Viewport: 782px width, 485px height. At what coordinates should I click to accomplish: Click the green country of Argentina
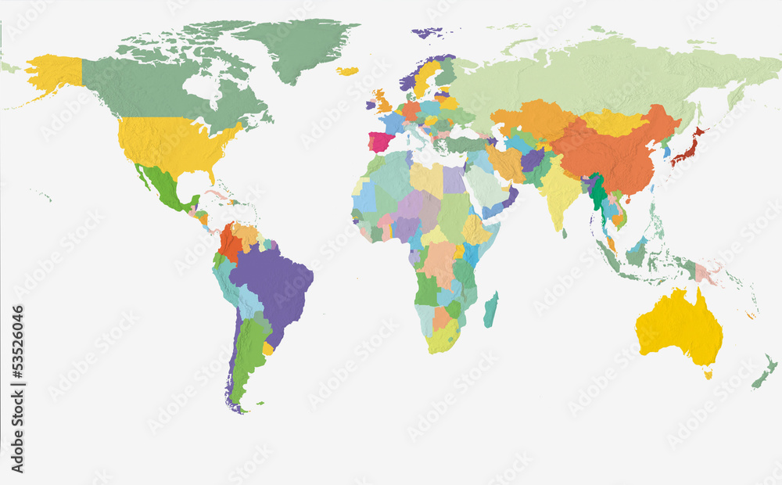pos(248,352)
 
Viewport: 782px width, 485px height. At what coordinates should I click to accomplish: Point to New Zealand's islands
pos(764,372)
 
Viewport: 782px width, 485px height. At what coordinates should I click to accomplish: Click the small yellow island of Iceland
pos(347,71)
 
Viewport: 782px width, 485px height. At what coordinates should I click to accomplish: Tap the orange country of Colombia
pos(231,243)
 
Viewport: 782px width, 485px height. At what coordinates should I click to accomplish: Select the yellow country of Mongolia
pos(614,122)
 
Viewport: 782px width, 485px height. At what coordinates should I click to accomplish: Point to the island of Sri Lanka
pos(565,233)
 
